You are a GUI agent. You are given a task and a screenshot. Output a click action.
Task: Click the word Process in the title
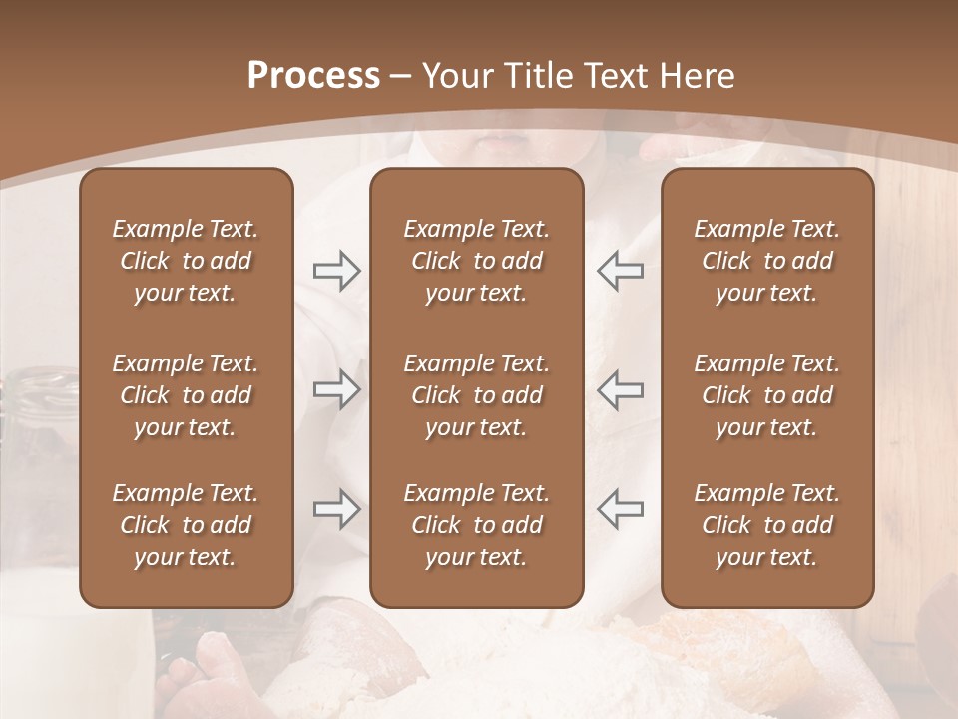tap(313, 76)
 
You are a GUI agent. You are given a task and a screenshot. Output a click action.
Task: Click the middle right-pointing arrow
tap(336, 389)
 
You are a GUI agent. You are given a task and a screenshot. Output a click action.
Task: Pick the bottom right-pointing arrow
tap(336, 508)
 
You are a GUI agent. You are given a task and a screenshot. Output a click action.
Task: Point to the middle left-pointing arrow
tap(620, 389)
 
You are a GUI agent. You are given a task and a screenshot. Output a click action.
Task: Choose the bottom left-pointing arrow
tap(620, 508)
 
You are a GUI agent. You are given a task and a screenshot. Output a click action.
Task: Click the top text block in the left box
tap(186, 261)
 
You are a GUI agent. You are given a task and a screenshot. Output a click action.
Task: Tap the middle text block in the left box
tap(186, 395)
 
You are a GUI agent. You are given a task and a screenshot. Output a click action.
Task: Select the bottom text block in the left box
tap(186, 525)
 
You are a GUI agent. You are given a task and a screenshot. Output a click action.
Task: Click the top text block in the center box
tap(476, 261)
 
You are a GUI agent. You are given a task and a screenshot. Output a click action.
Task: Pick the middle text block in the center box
tap(476, 395)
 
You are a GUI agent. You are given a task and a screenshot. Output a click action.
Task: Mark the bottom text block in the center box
tap(476, 525)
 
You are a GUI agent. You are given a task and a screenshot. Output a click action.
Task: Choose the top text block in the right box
tap(766, 261)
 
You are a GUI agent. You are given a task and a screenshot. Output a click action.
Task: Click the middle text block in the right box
tap(766, 395)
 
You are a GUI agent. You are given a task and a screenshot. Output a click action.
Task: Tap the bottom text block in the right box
tap(766, 525)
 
